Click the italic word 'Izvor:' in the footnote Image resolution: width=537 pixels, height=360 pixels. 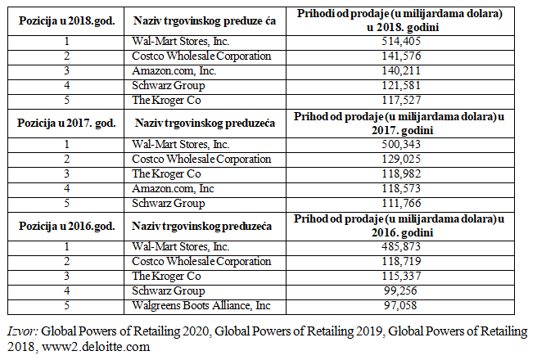[x=22, y=331]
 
